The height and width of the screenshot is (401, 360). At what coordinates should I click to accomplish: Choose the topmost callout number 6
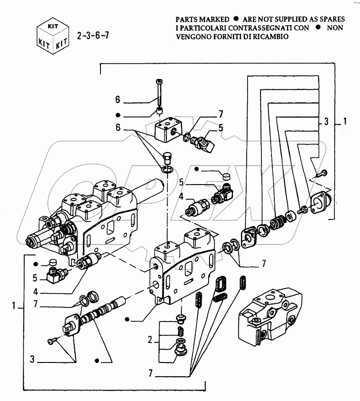118,100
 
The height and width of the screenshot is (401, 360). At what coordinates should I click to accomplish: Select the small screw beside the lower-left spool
52,339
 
